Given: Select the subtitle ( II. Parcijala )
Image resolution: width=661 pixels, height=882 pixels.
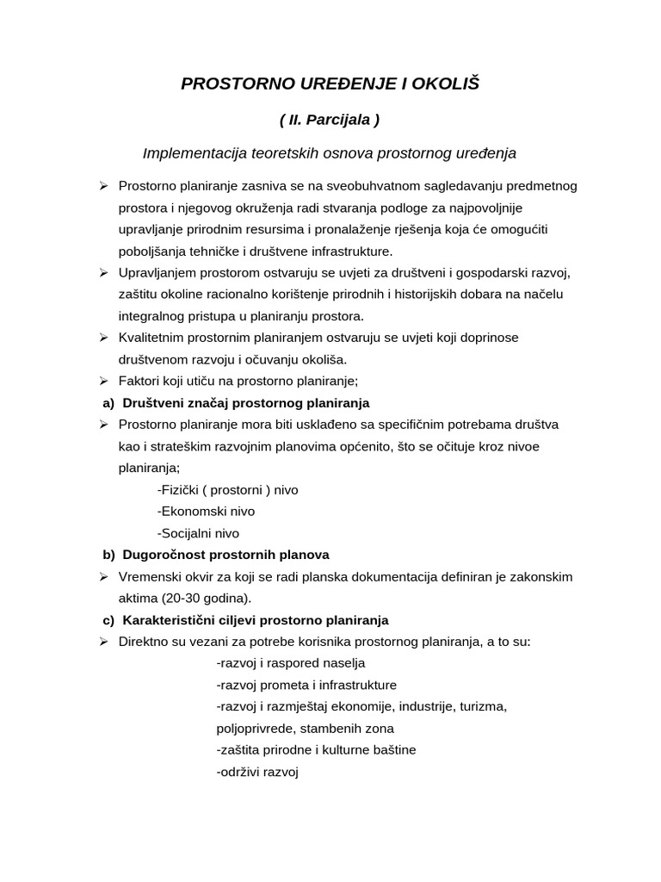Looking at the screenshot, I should coord(330,120).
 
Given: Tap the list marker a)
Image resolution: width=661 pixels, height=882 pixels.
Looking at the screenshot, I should coord(108,402).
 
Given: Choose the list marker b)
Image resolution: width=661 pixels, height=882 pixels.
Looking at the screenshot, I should coord(108,555).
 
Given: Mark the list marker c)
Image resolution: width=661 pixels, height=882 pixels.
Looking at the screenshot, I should coord(108,620).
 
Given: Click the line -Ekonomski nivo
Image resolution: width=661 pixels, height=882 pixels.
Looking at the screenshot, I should coord(206,511).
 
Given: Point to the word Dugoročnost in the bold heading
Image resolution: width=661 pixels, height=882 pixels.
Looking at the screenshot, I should coord(160,555).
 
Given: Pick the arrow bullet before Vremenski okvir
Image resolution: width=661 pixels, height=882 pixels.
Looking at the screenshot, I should coord(103,576).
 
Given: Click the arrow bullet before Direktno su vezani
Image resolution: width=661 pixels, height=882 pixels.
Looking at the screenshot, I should coord(103,642).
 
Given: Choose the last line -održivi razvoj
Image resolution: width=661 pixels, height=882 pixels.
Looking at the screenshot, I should coord(256,772).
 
